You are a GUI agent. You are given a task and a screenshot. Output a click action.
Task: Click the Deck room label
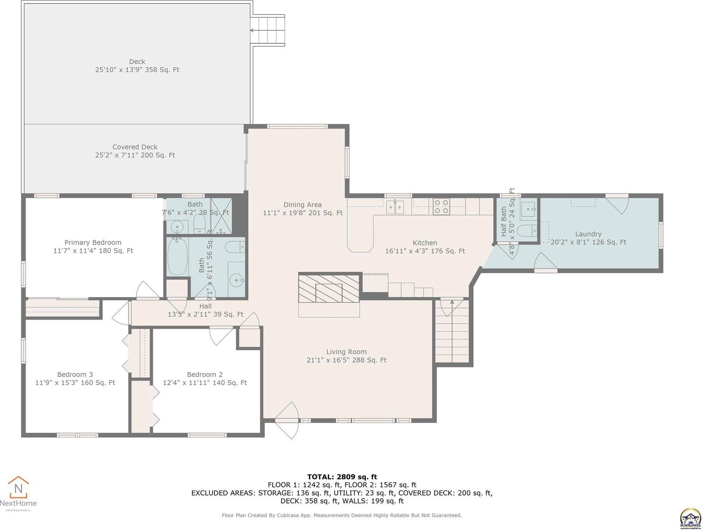pyautogui.click(x=137, y=65)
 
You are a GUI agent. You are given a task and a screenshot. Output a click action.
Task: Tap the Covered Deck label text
pyautogui.click(x=135, y=151)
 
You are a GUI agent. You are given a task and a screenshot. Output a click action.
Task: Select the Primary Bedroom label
pyautogui.click(x=93, y=246)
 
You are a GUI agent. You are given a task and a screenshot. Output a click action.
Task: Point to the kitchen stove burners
pyautogui.click(x=441, y=207)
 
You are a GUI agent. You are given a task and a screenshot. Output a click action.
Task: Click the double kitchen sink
pyautogui.click(x=395, y=206)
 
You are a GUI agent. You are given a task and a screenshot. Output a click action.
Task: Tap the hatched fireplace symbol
pyautogui.click(x=328, y=289)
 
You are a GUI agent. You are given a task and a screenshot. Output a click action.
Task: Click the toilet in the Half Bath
pyautogui.click(x=526, y=230)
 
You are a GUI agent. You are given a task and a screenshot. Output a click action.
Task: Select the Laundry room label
pyautogui.click(x=588, y=238)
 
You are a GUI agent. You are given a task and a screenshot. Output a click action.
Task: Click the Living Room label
pyautogui.click(x=346, y=356)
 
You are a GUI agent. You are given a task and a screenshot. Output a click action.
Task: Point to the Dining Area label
pyautogui.click(x=302, y=209)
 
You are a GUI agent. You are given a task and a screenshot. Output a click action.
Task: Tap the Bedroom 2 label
pyautogui.click(x=205, y=378)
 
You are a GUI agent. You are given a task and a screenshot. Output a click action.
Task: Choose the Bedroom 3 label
pyautogui.click(x=75, y=378)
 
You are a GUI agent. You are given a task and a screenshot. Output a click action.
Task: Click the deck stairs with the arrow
pyautogui.click(x=267, y=30)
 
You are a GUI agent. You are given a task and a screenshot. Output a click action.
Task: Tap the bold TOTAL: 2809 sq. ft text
pyautogui.click(x=342, y=477)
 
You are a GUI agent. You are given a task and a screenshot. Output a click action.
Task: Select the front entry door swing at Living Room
pyautogui.click(x=286, y=420)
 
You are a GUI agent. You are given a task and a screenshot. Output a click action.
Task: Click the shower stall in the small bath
pyautogui.click(x=220, y=216)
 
